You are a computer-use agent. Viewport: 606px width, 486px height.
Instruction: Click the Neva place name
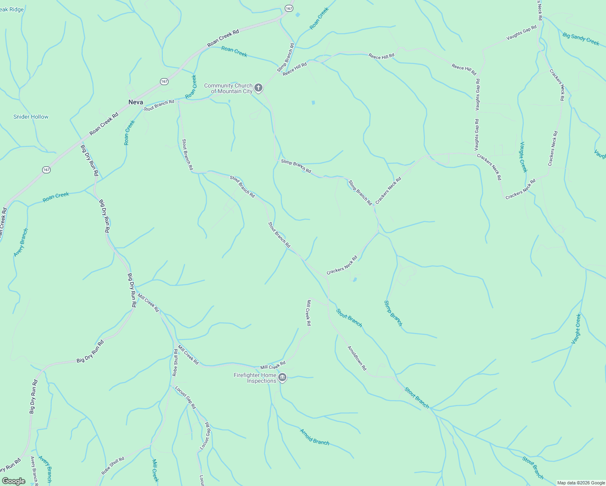tap(136, 102)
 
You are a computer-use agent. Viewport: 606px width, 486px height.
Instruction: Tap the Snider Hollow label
tap(31, 117)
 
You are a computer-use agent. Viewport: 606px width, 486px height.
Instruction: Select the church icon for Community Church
tap(258, 87)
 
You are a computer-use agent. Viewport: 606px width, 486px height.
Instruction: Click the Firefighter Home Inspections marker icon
tap(282, 378)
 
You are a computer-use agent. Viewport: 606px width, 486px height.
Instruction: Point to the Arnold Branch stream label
tap(314, 437)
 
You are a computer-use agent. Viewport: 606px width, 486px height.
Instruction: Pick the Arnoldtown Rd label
tap(357, 358)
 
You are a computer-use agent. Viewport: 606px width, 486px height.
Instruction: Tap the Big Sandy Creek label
tap(580, 39)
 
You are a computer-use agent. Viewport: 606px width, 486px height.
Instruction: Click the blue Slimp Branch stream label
tap(393, 313)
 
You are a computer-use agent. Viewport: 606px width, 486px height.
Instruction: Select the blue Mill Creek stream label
tap(155, 470)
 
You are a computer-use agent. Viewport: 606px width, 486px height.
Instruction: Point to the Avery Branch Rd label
tap(34, 471)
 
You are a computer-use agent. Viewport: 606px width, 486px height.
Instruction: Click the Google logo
tap(13, 481)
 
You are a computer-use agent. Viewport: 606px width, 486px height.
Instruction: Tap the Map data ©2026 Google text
tap(580, 483)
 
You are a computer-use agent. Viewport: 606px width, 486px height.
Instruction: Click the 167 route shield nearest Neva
tap(164, 81)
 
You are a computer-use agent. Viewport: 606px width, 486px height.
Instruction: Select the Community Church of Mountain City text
tap(228, 88)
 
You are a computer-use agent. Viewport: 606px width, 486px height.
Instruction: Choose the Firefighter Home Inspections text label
tap(255, 378)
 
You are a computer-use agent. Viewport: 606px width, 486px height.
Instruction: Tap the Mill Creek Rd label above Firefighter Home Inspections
tap(273, 365)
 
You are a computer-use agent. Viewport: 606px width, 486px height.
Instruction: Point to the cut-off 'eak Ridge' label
tap(12, 9)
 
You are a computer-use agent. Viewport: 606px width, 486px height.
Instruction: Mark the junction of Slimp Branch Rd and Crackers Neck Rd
tap(375, 206)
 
